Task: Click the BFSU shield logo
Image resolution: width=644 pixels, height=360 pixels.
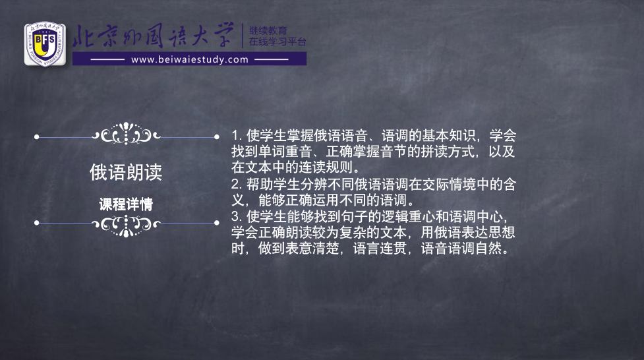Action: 45,44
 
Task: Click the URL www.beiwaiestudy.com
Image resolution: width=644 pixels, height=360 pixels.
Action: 190,59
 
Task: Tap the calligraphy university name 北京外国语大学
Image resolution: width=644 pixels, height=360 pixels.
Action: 154,36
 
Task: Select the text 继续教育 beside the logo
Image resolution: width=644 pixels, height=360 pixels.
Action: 268,30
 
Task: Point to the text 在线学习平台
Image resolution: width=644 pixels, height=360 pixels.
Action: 278,42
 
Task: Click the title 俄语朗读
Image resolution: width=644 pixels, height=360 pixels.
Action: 126,172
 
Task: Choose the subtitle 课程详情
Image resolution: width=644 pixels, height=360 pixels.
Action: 126,204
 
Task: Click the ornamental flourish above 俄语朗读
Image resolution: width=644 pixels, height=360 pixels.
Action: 126,134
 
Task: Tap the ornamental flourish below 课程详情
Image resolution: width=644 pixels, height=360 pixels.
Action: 126,225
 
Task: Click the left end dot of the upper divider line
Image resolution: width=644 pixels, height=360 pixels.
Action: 36,137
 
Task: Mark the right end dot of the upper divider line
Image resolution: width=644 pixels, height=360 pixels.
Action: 216,137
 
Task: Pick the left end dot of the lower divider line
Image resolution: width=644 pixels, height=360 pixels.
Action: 36,223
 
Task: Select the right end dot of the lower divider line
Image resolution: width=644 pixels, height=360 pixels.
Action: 216,223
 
